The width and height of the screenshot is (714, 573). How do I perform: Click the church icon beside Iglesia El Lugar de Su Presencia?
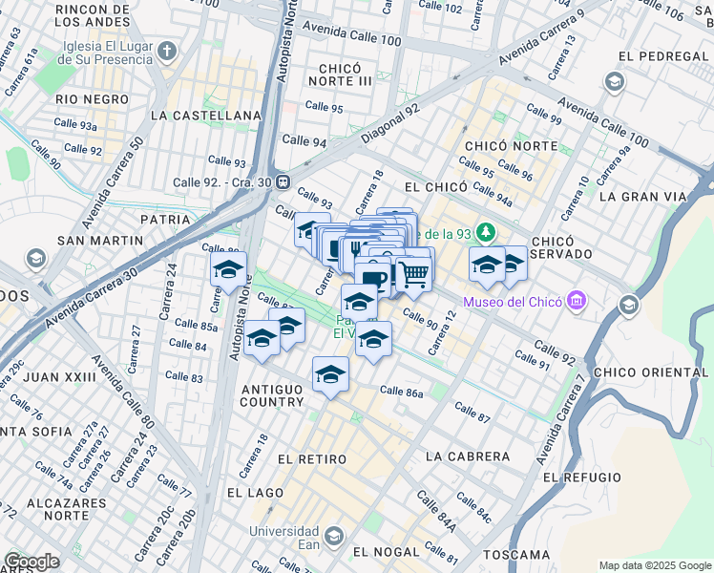point(167,51)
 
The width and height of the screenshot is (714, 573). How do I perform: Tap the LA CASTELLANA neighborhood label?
point(206,116)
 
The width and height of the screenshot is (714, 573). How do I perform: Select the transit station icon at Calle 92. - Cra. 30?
point(283,181)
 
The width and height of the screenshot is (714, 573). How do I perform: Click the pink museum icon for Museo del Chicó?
point(575,303)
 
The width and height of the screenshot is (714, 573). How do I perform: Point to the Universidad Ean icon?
point(334,536)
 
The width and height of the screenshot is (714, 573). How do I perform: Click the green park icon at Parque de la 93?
point(487,233)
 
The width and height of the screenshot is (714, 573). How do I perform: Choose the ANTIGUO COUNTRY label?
point(272,395)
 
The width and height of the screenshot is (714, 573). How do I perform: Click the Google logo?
point(31,562)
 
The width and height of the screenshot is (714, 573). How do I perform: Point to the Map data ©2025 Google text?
point(654,565)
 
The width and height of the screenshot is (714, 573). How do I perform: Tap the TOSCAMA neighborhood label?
point(515,554)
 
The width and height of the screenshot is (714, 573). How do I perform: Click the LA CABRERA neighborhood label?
point(463,456)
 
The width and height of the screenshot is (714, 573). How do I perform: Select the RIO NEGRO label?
point(92,99)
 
